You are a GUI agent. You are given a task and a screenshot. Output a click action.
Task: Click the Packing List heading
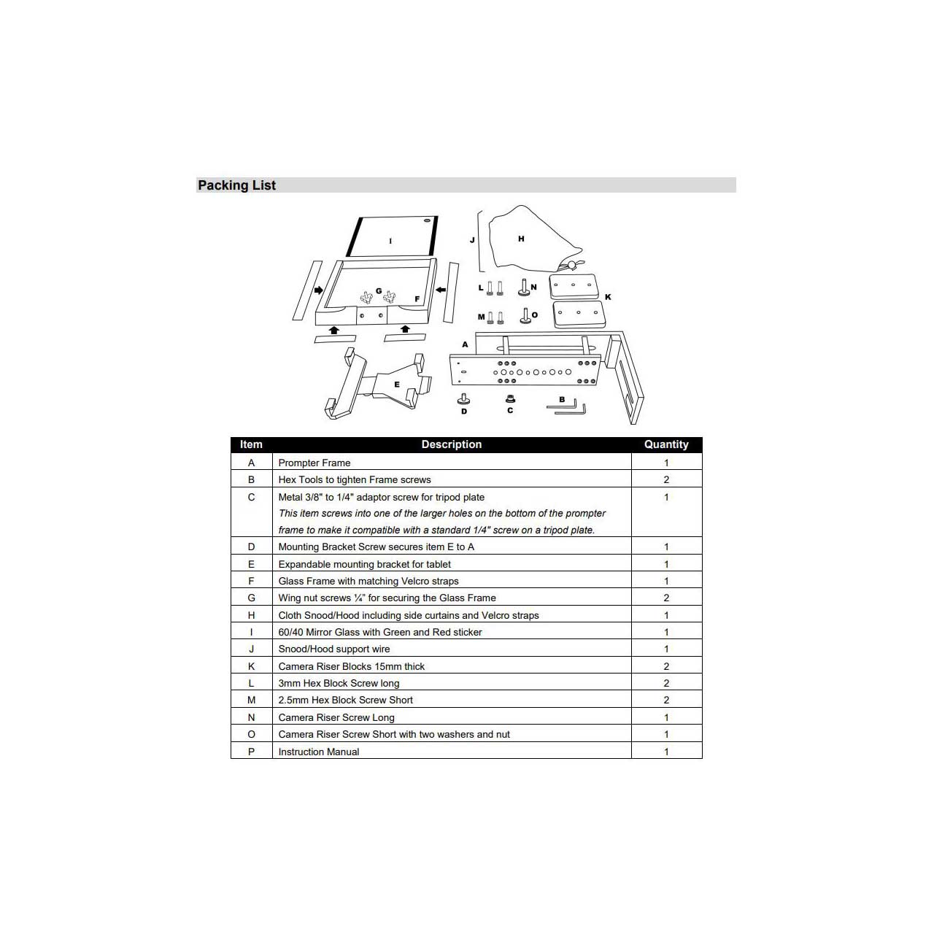pos(236,185)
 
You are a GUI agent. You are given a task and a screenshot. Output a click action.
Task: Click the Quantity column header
pos(666,444)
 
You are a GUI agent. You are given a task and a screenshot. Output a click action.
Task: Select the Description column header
pos(451,444)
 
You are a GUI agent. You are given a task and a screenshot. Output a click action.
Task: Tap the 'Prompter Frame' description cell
pos(314,463)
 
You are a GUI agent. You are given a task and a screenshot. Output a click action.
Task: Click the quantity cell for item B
pos(666,479)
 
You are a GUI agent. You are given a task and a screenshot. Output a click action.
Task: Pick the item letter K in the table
pos(251,666)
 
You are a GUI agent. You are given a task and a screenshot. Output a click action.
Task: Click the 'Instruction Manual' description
pos(318,752)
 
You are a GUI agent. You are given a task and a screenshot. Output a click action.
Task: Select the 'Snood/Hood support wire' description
pos(334,649)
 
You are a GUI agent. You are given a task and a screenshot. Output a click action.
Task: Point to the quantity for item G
pos(666,598)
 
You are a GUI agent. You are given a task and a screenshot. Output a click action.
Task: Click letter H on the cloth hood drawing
pos(521,239)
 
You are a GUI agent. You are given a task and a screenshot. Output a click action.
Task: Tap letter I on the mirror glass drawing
pos(390,241)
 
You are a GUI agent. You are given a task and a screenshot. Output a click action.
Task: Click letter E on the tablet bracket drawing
pos(397,385)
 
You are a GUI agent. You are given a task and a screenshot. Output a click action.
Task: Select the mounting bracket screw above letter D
pos(464,399)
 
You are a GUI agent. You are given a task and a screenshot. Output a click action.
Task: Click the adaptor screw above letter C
pos(510,399)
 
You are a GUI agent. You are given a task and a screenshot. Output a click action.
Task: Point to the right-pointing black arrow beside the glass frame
pos(318,290)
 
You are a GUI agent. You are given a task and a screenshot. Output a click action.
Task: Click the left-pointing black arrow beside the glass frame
pos(441,290)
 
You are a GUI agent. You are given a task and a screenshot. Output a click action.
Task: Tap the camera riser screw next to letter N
pos(524,287)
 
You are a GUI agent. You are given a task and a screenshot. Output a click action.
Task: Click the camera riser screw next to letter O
pos(525,315)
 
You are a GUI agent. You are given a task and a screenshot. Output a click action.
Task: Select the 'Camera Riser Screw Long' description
pos(336,717)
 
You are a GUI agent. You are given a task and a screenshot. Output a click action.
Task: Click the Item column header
pos(250,444)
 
